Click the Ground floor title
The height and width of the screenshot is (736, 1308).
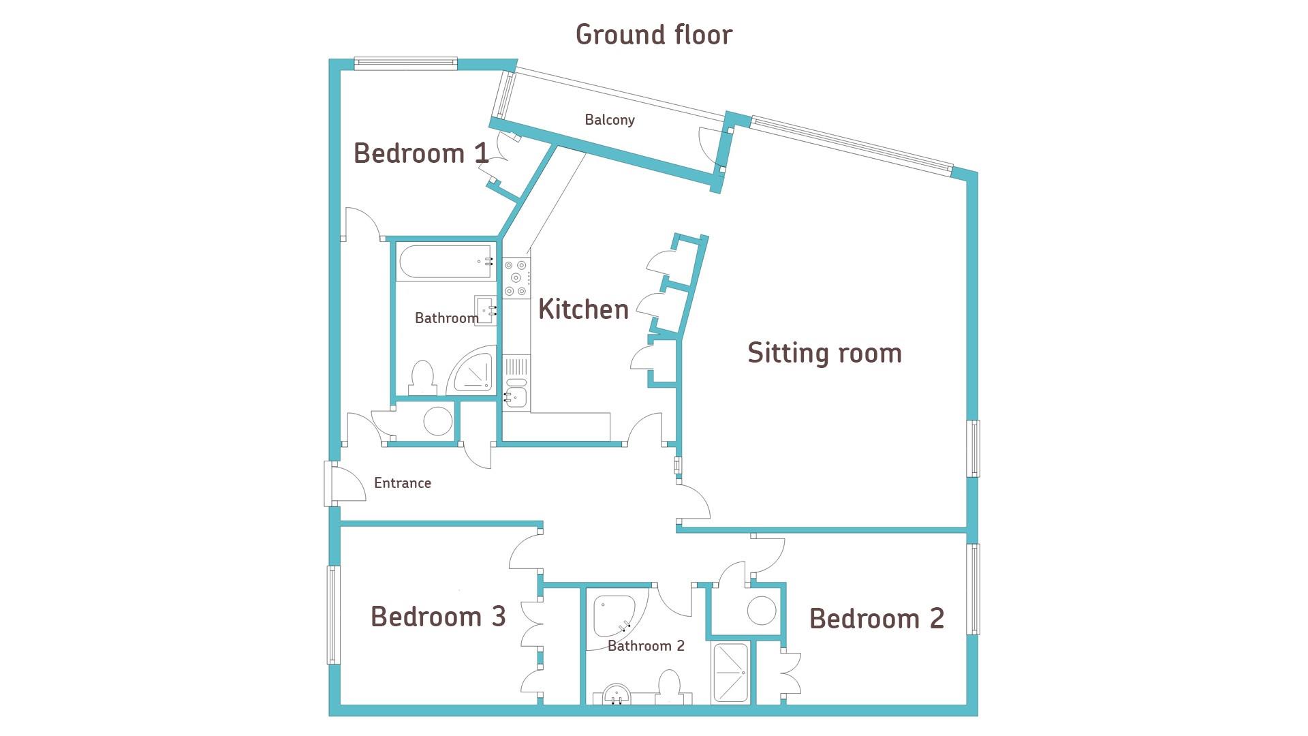[654, 35]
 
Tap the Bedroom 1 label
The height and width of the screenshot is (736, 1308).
[421, 153]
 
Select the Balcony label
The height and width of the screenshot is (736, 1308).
[610, 120]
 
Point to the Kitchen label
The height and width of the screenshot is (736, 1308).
[583, 309]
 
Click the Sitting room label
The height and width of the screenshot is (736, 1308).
[824, 353]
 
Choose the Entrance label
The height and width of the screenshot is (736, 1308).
[403, 483]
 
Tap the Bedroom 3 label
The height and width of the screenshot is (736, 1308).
[438, 617]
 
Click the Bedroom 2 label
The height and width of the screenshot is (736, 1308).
[877, 619]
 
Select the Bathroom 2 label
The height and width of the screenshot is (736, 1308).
[646, 646]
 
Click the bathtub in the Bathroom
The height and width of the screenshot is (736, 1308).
[446, 262]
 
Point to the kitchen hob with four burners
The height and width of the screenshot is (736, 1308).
[516, 277]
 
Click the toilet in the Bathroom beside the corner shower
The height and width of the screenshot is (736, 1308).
[423, 379]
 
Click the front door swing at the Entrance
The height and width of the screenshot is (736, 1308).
[349, 482]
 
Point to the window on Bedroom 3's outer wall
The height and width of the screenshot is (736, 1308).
[333, 615]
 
